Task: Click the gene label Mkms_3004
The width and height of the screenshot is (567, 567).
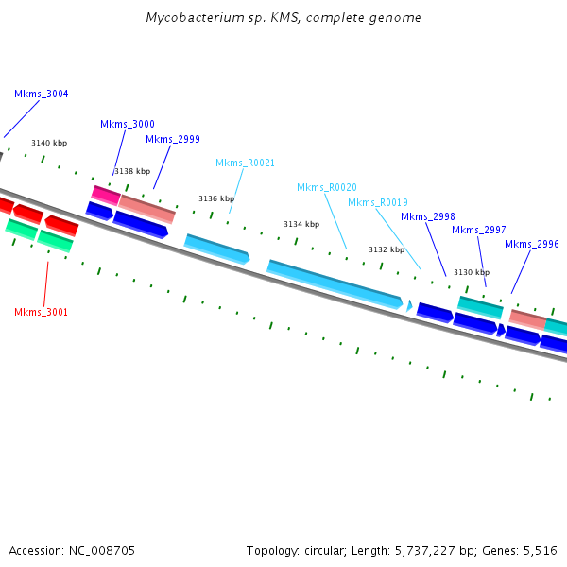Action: pyautogui.click(x=42, y=94)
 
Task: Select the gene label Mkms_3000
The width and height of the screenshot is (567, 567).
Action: pyautogui.click(x=128, y=125)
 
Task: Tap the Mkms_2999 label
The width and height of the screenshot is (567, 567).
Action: pyautogui.click(x=173, y=139)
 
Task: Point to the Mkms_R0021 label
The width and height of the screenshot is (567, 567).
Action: pyautogui.click(x=245, y=163)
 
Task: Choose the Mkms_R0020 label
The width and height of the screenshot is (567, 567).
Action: pyautogui.click(x=327, y=187)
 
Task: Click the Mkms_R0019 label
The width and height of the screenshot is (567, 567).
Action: pyautogui.click(x=378, y=202)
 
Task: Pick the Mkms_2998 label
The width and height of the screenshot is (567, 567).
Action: pyautogui.click(x=428, y=216)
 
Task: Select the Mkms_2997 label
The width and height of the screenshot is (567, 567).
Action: pyautogui.click(x=479, y=230)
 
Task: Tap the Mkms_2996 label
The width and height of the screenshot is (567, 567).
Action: pyautogui.click(x=532, y=245)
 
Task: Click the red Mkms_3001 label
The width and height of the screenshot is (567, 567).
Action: pyautogui.click(x=42, y=312)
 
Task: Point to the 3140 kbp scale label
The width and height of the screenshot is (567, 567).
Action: pyautogui.click(x=49, y=144)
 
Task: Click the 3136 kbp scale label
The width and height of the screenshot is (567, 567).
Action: pyautogui.click(x=216, y=198)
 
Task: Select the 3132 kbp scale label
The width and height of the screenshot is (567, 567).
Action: pyautogui.click(x=387, y=249)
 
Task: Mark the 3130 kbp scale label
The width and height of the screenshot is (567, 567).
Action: pyautogui.click(x=472, y=272)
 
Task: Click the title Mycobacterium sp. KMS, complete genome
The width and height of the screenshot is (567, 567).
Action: pyautogui.click(x=283, y=18)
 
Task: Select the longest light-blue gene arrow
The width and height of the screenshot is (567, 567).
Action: pyautogui.click(x=335, y=284)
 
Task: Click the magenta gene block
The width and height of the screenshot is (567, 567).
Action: pyautogui.click(x=106, y=196)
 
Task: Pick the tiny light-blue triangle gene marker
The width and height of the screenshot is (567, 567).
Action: pyautogui.click(x=409, y=305)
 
